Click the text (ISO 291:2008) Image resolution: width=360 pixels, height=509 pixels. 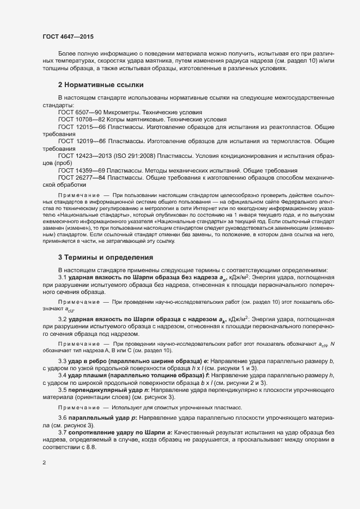point(141,155)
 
